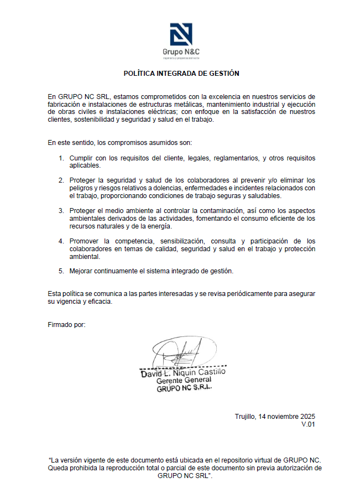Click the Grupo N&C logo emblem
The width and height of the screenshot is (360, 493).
[181, 35]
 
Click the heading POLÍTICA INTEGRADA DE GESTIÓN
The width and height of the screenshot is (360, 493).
[181, 73]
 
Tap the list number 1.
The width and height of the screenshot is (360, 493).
[61, 158]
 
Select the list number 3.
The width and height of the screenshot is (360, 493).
[61, 211]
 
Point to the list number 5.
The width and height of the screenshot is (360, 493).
[61, 271]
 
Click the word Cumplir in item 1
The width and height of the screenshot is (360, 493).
[81, 158]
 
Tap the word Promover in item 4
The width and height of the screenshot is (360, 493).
[84, 241]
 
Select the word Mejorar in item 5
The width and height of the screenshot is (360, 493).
[82, 271]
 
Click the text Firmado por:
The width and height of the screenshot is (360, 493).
[67, 324]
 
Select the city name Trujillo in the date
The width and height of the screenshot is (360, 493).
[246, 416]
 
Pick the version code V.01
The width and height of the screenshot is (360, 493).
[308, 424]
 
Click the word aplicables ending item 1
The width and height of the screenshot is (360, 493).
[85, 165]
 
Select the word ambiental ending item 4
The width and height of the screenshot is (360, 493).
[85, 256]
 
